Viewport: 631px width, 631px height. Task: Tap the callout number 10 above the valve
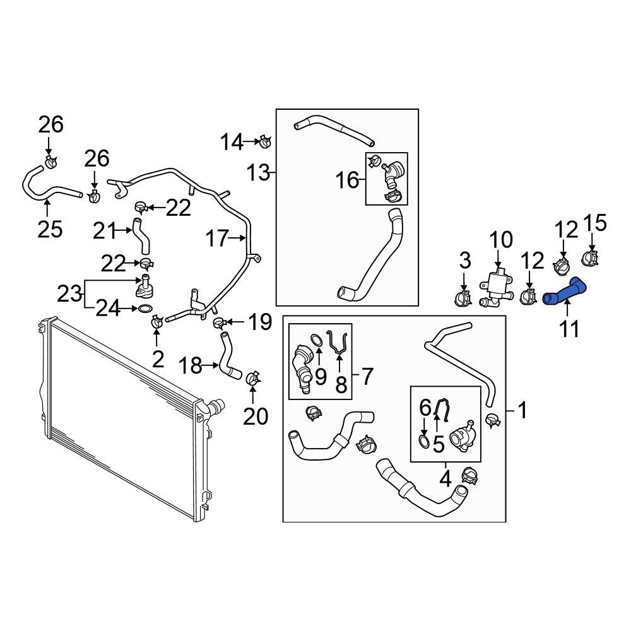502,241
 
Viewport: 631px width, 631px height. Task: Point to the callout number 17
216,239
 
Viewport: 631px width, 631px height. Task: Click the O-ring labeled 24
144,309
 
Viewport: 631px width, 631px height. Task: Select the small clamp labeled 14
264,141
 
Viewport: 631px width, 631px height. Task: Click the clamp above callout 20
252,379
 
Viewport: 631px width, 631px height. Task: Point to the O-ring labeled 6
425,442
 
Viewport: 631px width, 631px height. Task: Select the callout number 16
347,181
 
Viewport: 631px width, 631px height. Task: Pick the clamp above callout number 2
156,322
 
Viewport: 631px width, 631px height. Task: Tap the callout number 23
69,293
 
